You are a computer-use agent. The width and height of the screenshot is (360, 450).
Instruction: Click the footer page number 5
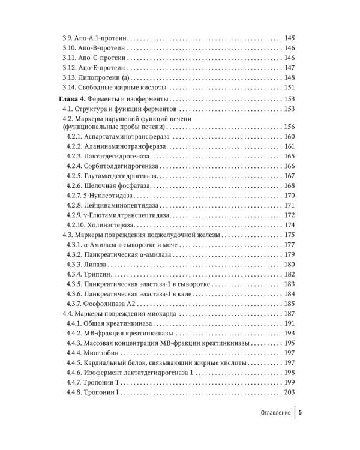click(x=300, y=413)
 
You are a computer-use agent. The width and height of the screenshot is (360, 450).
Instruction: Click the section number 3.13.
click(x=71, y=77)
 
